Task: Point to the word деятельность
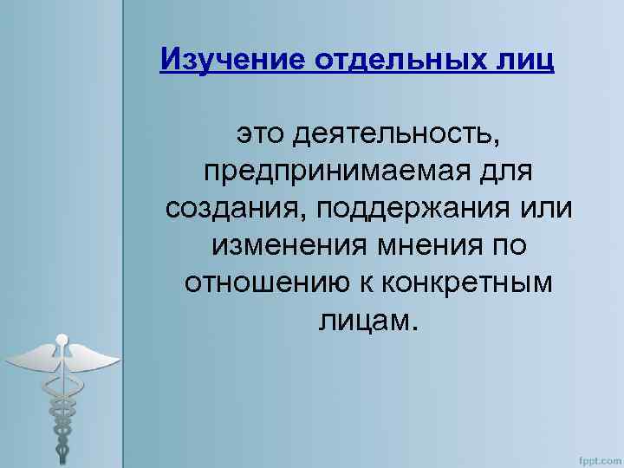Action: pos(397,135)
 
